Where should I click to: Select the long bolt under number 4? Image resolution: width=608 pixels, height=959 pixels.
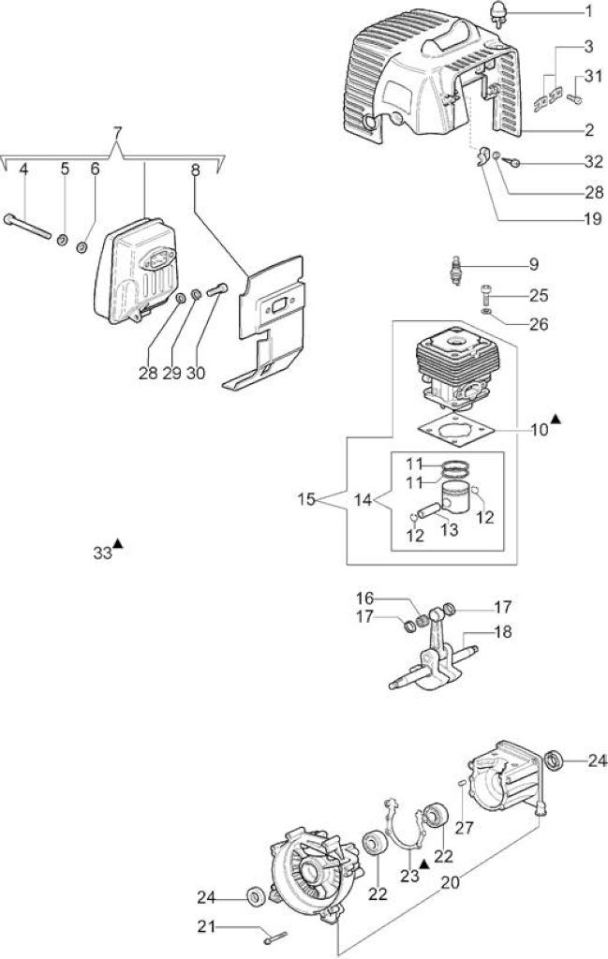[27, 227]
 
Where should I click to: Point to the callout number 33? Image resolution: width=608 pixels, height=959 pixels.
[102, 553]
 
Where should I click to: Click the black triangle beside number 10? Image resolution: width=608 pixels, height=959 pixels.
[556, 419]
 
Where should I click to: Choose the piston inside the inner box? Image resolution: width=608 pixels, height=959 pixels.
[455, 496]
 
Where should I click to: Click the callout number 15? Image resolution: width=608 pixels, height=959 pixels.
[306, 500]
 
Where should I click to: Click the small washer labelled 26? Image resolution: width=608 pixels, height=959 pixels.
[487, 312]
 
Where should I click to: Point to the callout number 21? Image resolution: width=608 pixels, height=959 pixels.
[206, 926]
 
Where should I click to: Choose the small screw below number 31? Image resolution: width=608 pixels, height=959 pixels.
[575, 97]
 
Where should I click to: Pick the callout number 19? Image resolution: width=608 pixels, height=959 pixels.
[593, 218]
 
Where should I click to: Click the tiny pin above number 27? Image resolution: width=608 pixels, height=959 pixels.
[463, 782]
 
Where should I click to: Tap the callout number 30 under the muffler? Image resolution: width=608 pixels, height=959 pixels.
[195, 373]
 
